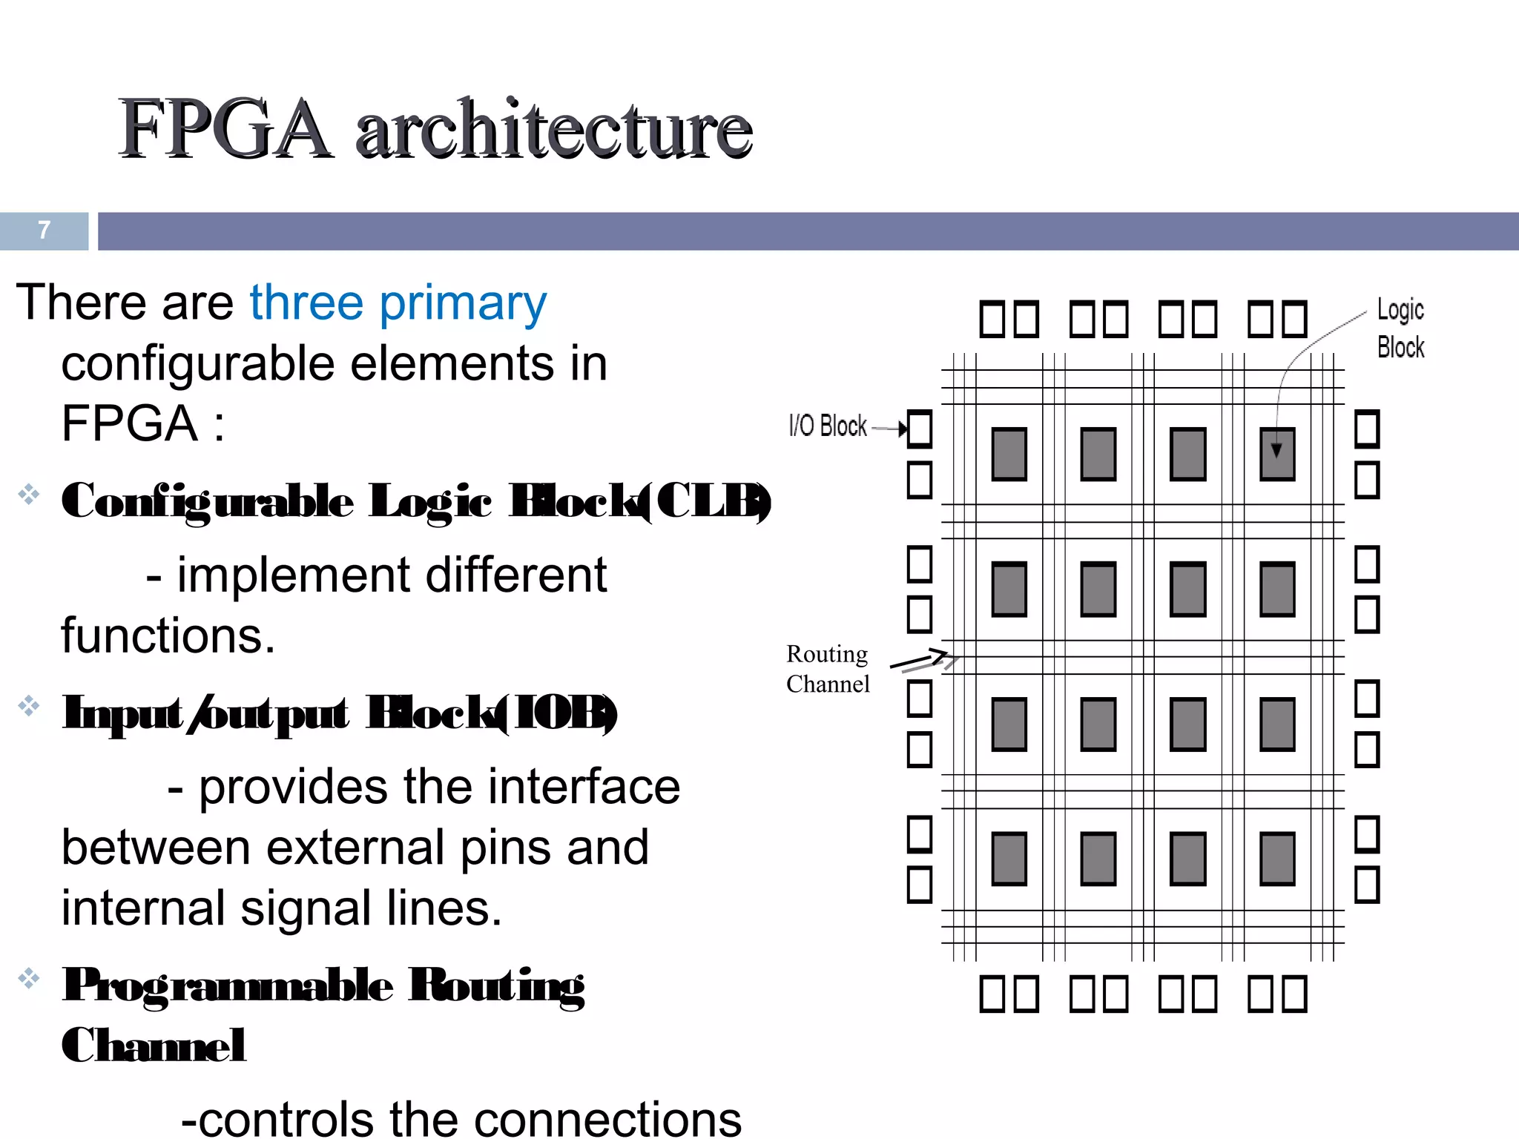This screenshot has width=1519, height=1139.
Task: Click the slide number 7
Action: (x=45, y=230)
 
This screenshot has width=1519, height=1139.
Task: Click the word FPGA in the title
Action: (x=225, y=130)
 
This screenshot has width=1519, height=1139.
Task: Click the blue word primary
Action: (x=463, y=304)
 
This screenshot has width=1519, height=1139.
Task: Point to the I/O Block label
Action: (x=828, y=426)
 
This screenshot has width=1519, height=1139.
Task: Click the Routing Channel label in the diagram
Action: (x=828, y=669)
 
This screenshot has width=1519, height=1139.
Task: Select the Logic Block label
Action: (x=1400, y=328)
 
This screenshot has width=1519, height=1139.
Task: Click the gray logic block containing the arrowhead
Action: (x=1277, y=454)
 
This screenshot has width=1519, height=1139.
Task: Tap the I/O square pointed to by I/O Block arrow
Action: (x=920, y=429)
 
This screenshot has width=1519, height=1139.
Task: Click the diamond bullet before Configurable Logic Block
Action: (x=29, y=494)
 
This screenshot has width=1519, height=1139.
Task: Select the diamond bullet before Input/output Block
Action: (x=29, y=705)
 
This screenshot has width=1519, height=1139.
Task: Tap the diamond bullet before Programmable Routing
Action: (x=29, y=978)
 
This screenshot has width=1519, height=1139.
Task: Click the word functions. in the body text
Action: (x=168, y=636)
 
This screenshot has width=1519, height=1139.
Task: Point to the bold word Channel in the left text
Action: (x=154, y=1046)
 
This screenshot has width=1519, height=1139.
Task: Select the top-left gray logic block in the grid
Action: (x=1009, y=454)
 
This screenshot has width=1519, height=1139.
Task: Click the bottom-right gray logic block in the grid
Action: (x=1277, y=859)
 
